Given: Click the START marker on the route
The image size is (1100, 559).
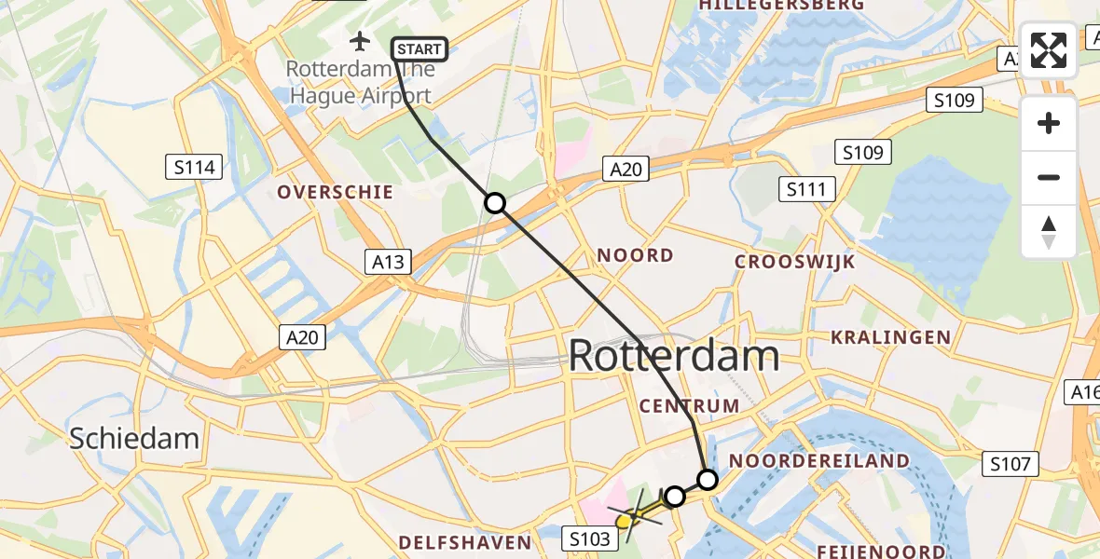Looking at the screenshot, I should (419, 49).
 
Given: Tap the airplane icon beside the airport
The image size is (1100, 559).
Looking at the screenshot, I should (360, 41).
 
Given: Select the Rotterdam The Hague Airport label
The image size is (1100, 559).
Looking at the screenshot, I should (359, 82).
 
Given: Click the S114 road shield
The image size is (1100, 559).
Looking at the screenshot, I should (194, 168).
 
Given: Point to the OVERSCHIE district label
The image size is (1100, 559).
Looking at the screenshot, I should (335, 192).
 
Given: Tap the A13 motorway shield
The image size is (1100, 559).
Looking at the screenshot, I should (388, 262).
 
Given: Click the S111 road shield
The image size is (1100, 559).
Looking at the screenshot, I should (806, 190).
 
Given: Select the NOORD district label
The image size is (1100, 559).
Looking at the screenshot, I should (635, 255).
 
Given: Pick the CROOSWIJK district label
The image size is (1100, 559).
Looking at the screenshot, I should (794, 262).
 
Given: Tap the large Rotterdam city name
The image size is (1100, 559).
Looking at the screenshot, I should (673, 356).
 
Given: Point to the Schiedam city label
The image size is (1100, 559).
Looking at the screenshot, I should (134, 438).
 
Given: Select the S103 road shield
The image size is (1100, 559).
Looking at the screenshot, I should (589, 539).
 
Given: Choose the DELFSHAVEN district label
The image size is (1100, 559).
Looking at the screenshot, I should (464, 542).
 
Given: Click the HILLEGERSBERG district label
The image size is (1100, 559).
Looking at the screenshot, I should (782, 6).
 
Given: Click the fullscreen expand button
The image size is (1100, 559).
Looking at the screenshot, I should (1049, 49).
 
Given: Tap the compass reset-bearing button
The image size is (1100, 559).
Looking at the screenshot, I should (1049, 232).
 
